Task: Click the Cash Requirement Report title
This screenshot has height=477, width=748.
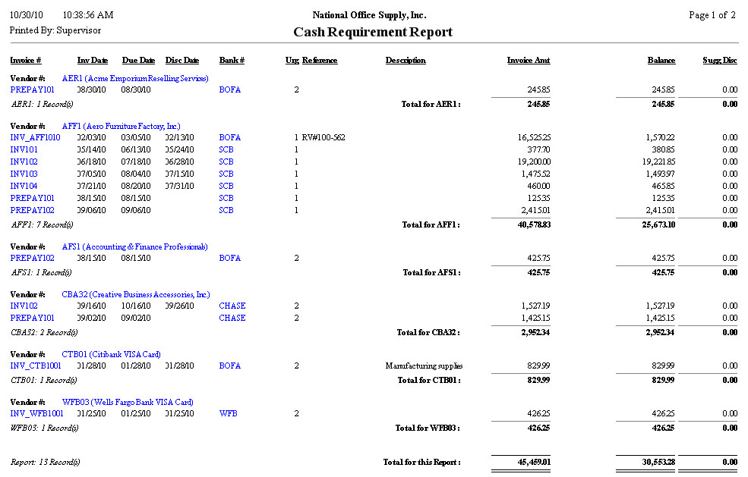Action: click(373, 32)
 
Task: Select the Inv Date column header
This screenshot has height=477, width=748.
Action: click(93, 61)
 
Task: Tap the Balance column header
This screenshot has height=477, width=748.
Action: click(661, 61)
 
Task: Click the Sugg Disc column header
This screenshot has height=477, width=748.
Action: click(720, 61)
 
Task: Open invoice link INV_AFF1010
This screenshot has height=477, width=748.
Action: click(36, 138)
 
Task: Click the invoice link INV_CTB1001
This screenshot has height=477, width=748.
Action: click(36, 366)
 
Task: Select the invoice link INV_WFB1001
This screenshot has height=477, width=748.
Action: click(37, 414)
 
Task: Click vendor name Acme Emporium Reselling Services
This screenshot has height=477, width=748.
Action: click(135, 78)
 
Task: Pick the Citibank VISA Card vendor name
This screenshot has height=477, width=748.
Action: click(122, 355)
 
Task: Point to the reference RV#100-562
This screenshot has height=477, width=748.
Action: click(324, 138)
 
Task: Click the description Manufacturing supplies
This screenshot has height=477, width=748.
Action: click(424, 366)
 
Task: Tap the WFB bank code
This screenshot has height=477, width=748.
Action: click(228, 414)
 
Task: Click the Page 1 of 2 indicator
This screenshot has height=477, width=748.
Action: click(712, 15)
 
